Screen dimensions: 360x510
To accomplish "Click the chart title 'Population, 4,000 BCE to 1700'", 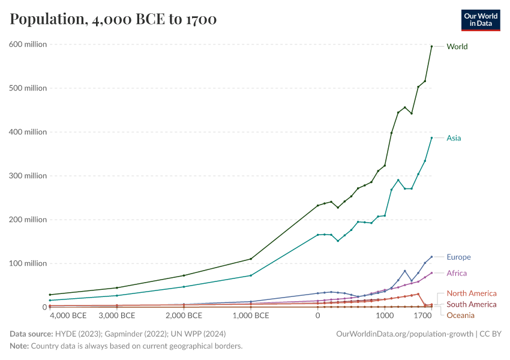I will (x=113, y=20).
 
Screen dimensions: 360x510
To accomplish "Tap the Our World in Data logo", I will (x=480, y=20).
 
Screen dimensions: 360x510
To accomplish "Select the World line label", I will (x=457, y=46).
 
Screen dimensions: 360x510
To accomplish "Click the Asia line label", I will (x=454, y=138).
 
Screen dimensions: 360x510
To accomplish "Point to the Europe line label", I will (x=458, y=257).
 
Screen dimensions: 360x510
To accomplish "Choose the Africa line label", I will (x=457, y=273).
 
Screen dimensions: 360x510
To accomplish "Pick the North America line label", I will (x=472, y=293).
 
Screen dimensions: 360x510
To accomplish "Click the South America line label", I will (x=472, y=304).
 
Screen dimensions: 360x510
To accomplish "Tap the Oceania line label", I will (x=460, y=316).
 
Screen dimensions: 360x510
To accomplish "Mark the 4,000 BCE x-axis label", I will (x=68, y=316).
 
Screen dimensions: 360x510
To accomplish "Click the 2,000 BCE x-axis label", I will (x=184, y=316).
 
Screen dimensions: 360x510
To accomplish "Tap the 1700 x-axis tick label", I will (x=424, y=316).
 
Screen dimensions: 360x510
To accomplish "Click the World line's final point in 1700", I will (x=431, y=46).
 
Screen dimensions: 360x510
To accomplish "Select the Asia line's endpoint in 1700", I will (x=431, y=138).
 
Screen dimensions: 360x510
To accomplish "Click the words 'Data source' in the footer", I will (x=30, y=334).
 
